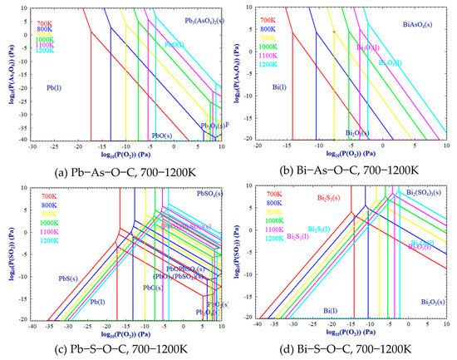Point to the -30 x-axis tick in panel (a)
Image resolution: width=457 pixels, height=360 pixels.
(32, 146)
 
